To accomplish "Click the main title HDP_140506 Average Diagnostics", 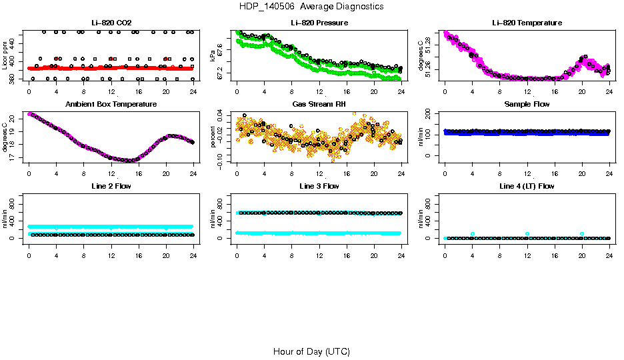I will pyautogui.click(x=311, y=7).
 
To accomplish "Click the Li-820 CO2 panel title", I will pyautogui.click(x=111, y=23).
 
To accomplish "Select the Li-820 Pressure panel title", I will pyautogui.click(x=319, y=23).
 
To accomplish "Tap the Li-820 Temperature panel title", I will pyautogui.click(x=527, y=23).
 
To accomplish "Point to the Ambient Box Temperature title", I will pyautogui.click(x=111, y=105).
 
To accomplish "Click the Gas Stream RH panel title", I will pyautogui.click(x=319, y=105).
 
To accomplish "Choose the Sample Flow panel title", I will pyautogui.click(x=527, y=105).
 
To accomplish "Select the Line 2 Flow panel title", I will pyautogui.click(x=111, y=187).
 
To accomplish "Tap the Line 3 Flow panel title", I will pyautogui.click(x=319, y=187).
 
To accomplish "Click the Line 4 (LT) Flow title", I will pyautogui.click(x=527, y=187).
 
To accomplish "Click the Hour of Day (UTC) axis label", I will pyautogui.click(x=311, y=351).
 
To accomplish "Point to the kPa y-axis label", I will pyautogui.click(x=213, y=56).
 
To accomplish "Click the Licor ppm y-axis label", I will pyautogui.click(x=5, y=56).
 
